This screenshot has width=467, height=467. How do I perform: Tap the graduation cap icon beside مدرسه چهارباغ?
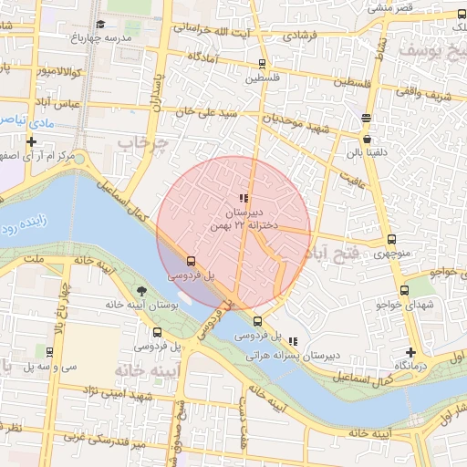coord(99,24)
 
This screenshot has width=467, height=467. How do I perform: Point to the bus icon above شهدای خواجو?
coord(402,290)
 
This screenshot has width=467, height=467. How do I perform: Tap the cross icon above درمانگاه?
coord(411,352)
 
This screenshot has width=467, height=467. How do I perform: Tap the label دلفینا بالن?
coord(368,152)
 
